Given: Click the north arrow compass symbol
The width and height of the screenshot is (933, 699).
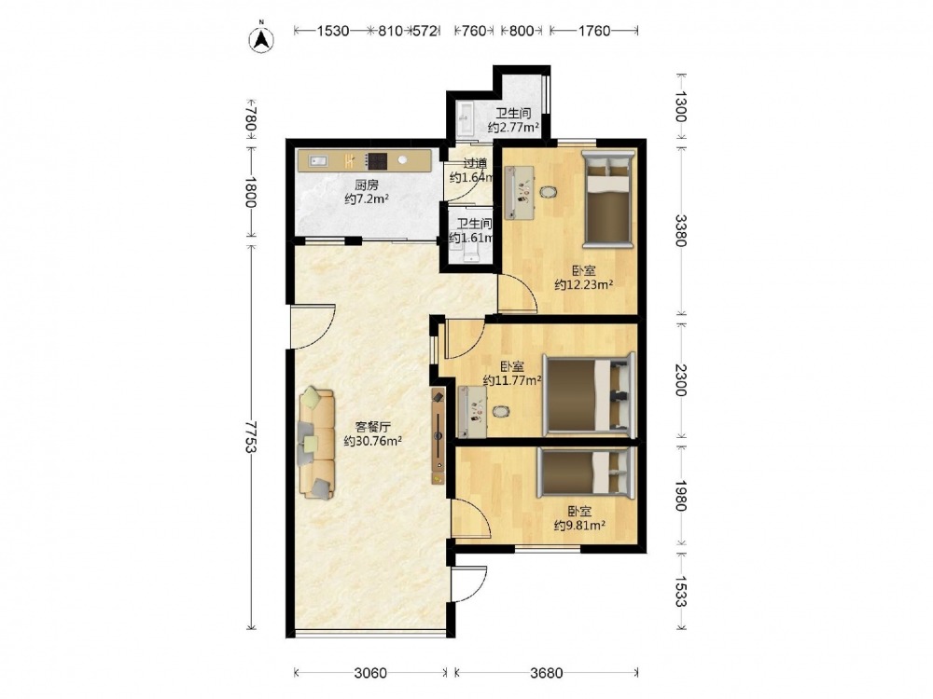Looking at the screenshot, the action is (x=260, y=37).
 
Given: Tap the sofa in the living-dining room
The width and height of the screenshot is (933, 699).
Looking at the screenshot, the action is (x=316, y=442).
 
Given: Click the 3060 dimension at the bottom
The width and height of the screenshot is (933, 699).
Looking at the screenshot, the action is (x=370, y=673).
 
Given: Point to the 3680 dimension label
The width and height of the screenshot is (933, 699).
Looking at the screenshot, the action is (x=546, y=673).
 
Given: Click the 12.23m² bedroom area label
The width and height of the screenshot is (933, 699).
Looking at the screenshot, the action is (x=584, y=284).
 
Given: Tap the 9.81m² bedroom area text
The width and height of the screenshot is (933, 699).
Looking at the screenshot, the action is (x=579, y=526).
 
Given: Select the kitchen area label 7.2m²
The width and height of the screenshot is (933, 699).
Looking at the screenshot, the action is (x=367, y=199).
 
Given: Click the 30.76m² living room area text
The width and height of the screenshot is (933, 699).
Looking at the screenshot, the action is (x=373, y=441).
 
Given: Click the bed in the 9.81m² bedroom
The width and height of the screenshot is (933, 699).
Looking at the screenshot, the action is (x=586, y=473).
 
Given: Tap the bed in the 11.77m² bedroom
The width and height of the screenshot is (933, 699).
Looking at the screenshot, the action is (x=589, y=395).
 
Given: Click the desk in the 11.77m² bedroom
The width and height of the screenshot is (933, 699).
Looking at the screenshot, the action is (x=473, y=411).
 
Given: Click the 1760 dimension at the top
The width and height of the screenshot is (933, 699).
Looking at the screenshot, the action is (x=593, y=31).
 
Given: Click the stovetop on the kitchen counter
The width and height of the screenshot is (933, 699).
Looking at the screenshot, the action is (x=377, y=160).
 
